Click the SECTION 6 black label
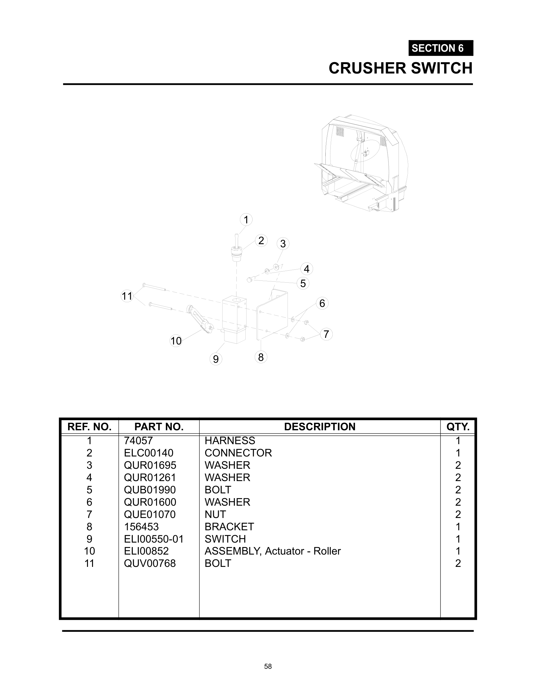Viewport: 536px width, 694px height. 441,48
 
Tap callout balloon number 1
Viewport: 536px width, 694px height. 246,220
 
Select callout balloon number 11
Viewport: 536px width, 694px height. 127,296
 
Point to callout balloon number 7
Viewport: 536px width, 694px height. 326,334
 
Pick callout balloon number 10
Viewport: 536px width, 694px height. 176,341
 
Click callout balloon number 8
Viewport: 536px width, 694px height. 261,357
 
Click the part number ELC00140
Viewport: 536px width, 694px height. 149,453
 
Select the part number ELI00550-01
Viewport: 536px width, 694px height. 154,539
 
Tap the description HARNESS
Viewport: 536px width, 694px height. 230,440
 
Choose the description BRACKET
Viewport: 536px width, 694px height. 229,526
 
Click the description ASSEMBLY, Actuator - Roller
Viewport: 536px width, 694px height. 273,551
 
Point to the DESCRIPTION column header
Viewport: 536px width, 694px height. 320,426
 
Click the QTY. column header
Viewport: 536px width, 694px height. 458,426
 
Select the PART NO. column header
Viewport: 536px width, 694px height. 159,426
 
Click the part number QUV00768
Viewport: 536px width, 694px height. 150,563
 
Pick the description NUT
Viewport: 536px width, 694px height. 215,514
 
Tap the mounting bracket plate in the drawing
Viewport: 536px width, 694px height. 272,315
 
